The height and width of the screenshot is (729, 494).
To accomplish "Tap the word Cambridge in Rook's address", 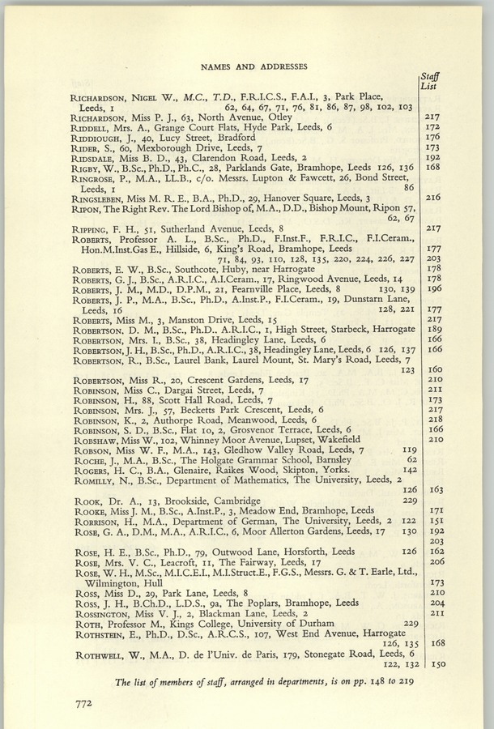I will (216, 501).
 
